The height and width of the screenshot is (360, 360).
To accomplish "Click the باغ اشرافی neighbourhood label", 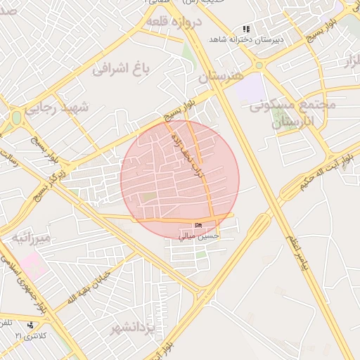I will [x=123, y=69].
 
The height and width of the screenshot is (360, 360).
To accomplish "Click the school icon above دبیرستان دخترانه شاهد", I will [x=246, y=30].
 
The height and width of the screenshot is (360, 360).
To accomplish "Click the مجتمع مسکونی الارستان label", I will [x=292, y=113].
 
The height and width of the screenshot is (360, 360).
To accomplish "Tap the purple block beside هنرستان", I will [x=247, y=89].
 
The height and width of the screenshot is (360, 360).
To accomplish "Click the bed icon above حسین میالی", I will [x=198, y=225].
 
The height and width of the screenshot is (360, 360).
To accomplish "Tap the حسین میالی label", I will [x=201, y=236].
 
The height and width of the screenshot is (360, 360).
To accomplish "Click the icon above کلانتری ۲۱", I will [x=30, y=326].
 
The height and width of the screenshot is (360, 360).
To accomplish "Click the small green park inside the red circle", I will [x=148, y=197].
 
